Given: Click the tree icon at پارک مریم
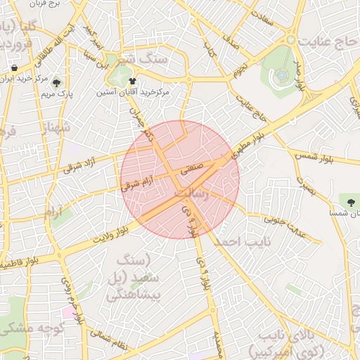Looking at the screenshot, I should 56,82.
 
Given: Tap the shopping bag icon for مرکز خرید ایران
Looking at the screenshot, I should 14,68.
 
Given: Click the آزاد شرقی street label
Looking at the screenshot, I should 78,164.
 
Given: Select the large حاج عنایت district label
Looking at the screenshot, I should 327,42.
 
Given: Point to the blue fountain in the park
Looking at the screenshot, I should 282,74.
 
